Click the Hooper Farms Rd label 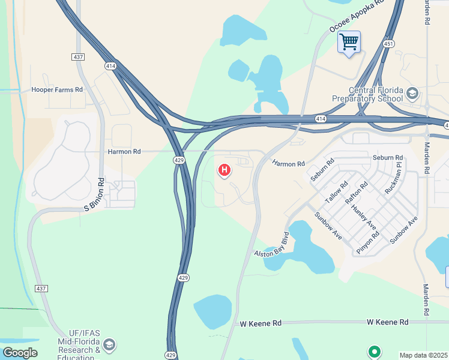pyautogui.click(x=57, y=90)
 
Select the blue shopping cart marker pyautogui.click(x=348, y=43)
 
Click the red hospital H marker pyautogui.click(x=224, y=170)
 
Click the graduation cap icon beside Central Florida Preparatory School pyautogui.click(x=412, y=93)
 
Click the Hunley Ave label pyautogui.click(x=364, y=217)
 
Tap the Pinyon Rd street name pyautogui.click(x=367, y=243)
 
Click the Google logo pyautogui.click(x=20, y=353)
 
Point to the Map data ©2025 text pyautogui.click(x=423, y=355)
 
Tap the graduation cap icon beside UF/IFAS pyautogui.click(x=109, y=345)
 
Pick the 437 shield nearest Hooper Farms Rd pyautogui.click(x=77, y=56)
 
